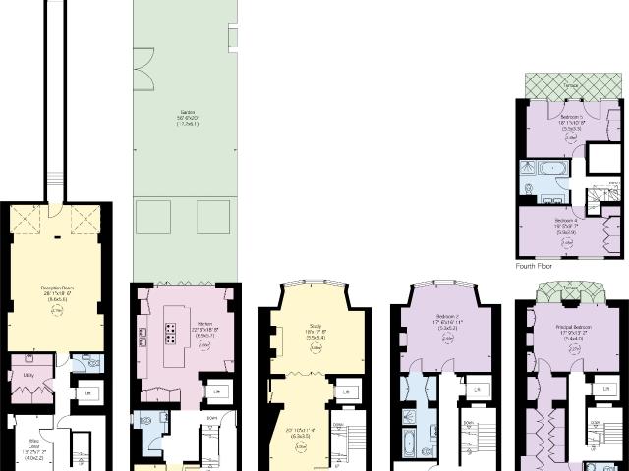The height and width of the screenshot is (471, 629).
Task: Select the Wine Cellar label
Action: click(x=29, y=428)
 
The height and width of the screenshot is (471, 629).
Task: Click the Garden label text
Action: click(x=185, y=113)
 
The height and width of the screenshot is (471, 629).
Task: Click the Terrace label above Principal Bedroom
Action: click(x=570, y=288)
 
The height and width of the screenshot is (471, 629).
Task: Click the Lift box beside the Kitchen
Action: click(x=216, y=392)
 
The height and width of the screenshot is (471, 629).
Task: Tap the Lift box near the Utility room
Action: click(x=87, y=392)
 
